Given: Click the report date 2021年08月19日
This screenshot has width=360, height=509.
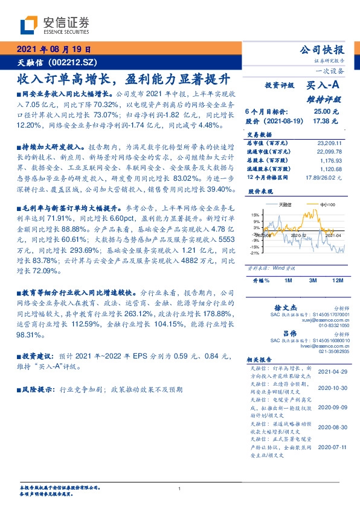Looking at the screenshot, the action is click(53, 50).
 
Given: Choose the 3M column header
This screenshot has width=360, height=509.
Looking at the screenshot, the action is click(313, 281).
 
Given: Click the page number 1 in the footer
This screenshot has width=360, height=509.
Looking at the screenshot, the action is click(179, 488).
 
